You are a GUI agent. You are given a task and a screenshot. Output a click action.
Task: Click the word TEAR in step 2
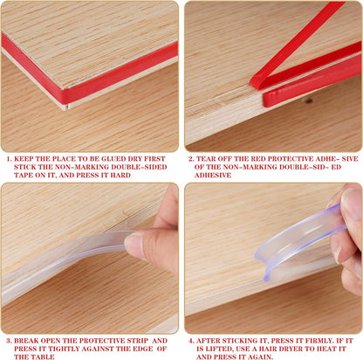[206, 159]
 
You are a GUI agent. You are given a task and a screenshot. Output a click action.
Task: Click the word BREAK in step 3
[26, 341]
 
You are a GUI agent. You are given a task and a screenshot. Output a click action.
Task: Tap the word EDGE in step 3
[143, 349]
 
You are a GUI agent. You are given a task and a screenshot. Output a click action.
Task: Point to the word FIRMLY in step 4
[317, 341]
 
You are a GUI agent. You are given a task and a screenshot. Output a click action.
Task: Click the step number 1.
[10, 159]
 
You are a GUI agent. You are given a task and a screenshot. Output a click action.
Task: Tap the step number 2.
[191, 159]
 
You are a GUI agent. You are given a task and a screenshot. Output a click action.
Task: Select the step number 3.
[10, 341]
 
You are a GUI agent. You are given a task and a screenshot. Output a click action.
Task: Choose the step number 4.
[191, 341]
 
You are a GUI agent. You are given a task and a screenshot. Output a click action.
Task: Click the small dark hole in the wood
[307, 100]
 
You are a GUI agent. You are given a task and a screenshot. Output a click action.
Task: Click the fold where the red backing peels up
[256, 82]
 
